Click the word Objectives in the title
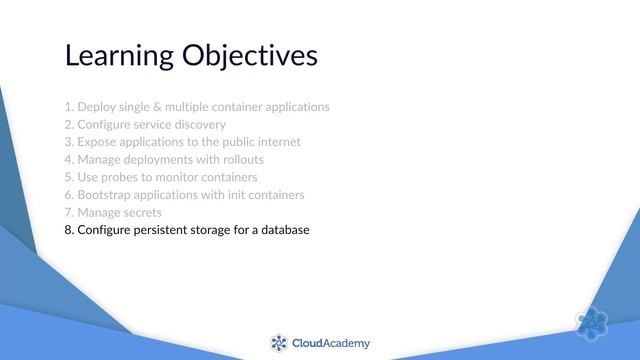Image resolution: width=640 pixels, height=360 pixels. click(x=249, y=55)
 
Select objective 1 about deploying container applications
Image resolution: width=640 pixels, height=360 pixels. click(x=196, y=106)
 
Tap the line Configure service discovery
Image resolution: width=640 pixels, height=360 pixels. click(x=144, y=124)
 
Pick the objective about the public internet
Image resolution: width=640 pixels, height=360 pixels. click(x=182, y=142)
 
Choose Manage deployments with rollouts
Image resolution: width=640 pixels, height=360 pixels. click(x=163, y=159)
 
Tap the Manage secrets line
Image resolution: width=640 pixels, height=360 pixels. click(x=112, y=212)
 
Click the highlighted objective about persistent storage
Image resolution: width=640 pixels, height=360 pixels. click(x=186, y=230)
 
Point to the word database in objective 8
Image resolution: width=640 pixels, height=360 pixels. click(x=283, y=230)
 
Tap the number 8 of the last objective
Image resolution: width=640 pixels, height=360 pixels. click(x=68, y=230)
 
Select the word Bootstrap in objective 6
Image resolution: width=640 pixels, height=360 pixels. click(x=105, y=194)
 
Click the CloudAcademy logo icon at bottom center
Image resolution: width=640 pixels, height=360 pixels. click(x=279, y=343)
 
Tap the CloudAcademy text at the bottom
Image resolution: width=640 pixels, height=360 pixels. click(x=330, y=343)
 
